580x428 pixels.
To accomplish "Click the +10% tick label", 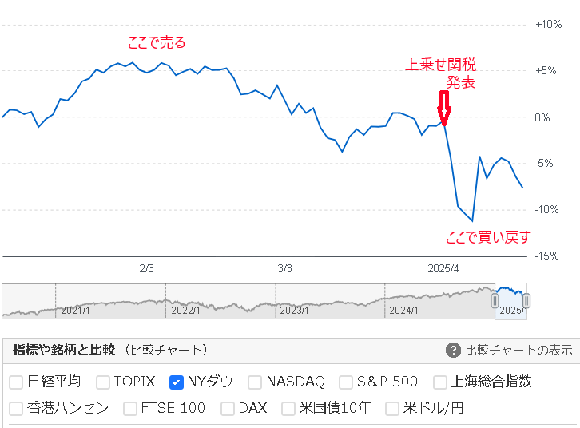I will pos(549,25).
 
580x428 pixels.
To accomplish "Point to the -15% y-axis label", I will pos(549,256).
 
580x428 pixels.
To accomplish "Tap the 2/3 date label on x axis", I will pos(146,268).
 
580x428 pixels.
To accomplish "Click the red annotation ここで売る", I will pos(157,43).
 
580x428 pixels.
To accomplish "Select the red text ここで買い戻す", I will pos(487,236).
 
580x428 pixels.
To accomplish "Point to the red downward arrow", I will pos(444,107).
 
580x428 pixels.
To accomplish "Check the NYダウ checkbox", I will pos(177,382).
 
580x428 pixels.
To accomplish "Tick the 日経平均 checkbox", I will pos(16,382).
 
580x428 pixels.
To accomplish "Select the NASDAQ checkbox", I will pos(255,382).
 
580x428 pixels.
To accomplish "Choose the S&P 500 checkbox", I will pos(346,382).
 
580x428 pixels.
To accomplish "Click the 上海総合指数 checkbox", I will pos(440,382).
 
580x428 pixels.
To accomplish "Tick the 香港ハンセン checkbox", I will pos(16,409).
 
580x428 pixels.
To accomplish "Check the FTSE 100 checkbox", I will pos(130,409).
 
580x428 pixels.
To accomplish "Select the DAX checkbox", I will pos(228,409).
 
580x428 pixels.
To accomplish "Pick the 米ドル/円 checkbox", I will pos(392,409).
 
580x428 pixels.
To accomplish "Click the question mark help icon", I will pos(453,351).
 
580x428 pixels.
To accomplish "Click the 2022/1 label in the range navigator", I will pos(186,310).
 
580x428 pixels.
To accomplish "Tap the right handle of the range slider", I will pos(526,300).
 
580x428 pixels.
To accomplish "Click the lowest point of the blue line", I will pos(472,220).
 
